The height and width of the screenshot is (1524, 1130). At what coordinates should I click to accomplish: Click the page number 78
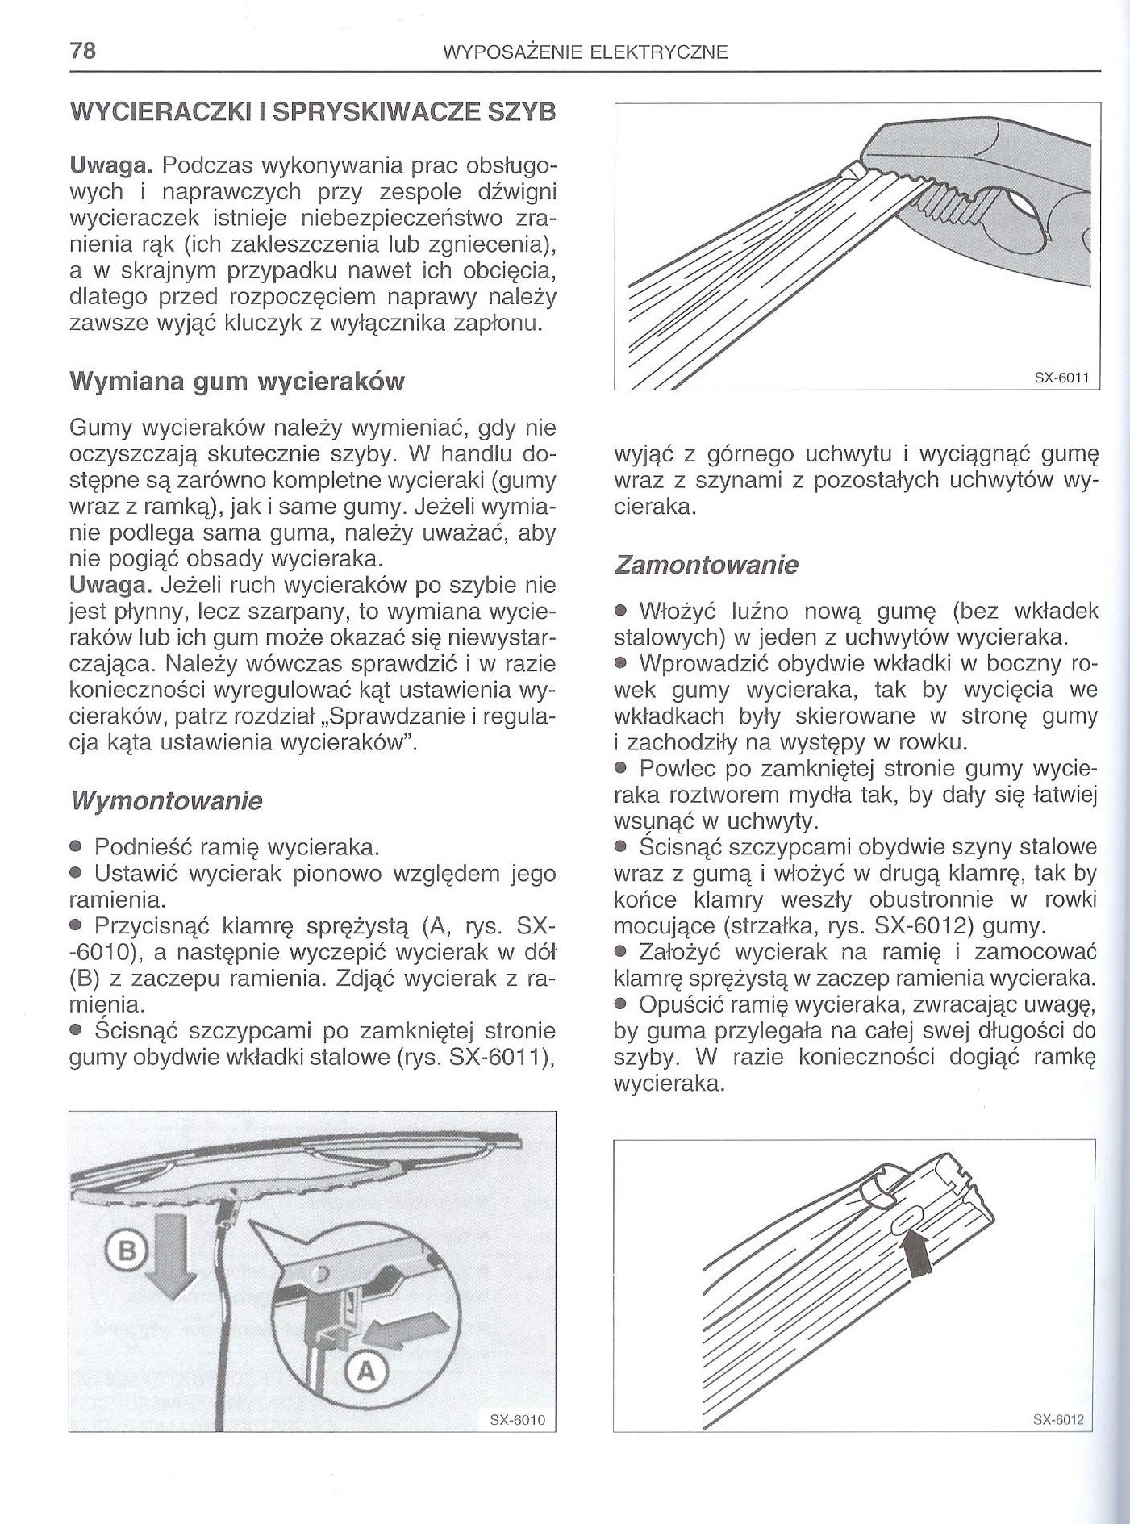pyautogui.click(x=83, y=52)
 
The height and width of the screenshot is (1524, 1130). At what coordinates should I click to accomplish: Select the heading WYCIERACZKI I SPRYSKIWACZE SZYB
pyautogui.click(x=313, y=114)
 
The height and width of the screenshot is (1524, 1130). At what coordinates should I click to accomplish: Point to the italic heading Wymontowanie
pyautogui.click(x=167, y=802)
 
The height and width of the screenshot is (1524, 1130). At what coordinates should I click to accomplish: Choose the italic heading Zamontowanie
pyautogui.click(x=706, y=565)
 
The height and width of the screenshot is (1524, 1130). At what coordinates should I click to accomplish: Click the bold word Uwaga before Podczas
pyautogui.click(x=111, y=167)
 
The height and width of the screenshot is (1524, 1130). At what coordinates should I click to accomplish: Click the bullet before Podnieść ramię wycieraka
pyautogui.click(x=78, y=848)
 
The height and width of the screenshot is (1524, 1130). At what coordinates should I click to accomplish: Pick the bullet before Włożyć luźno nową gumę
pyautogui.click(x=621, y=611)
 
